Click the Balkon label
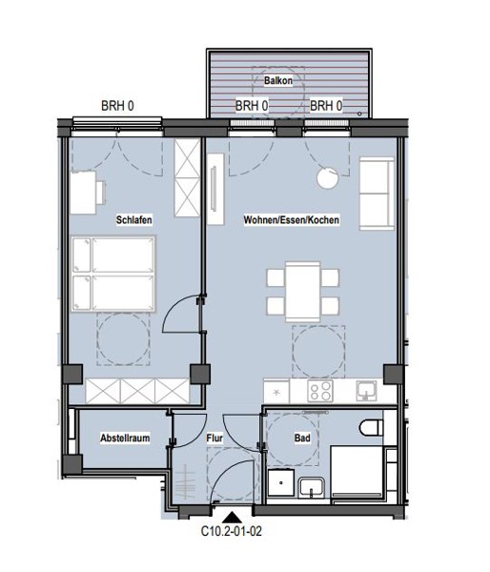click(x=278, y=80)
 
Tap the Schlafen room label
click(x=133, y=220)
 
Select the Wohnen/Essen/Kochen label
click(x=292, y=220)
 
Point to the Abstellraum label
click(x=125, y=438)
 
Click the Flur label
click(x=214, y=439)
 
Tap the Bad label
click(x=302, y=438)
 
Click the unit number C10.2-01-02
click(x=232, y=531)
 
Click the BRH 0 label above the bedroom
click(x=117, y=106)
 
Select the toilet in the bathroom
click(x=372, y=427)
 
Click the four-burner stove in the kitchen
click(x=320, y=391)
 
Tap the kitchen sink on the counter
click(x=366, y=391)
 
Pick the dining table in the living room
click(x=303, y=292)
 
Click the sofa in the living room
click(x=377, y=194)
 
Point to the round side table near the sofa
click(x=328, y=178)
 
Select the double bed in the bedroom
click(x=113, y=274)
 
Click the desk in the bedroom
click(x=84, y=193)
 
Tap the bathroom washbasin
click(x=311, y=488)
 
